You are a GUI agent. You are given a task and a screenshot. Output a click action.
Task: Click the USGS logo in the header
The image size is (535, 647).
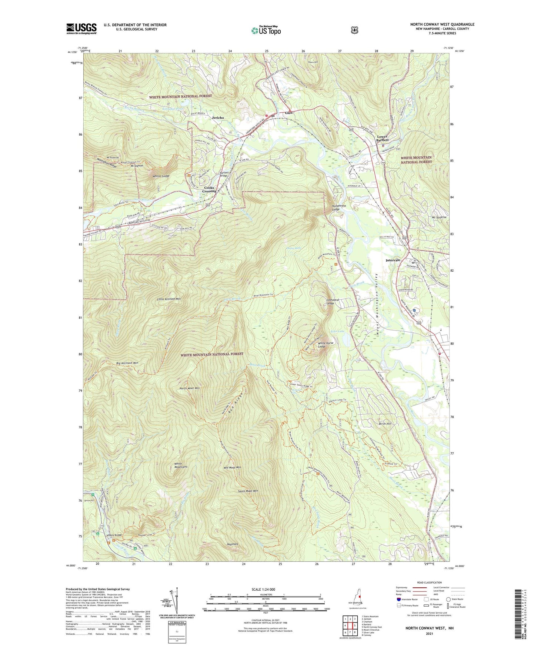coord(81,29)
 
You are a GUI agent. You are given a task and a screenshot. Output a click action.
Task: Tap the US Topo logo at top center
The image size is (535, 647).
coord(266,30)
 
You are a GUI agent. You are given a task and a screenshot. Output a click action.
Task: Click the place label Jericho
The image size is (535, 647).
coord(218,117)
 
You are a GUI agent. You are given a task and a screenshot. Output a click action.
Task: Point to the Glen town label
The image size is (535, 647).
coord(289,113)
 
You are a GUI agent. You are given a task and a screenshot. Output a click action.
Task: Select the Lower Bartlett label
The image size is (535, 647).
coord(382,138)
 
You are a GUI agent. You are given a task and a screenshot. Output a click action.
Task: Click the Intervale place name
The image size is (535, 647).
coord(393,260)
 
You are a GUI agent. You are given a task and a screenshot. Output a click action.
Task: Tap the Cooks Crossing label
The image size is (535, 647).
coord(209,189)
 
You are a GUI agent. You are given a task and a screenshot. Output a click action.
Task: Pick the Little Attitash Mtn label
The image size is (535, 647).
coord(169,299)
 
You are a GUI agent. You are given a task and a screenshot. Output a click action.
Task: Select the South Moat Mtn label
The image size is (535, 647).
coord(248,491)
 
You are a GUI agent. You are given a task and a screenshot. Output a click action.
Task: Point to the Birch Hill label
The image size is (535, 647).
coord(385,424)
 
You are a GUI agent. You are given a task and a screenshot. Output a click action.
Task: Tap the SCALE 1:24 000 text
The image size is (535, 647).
coord(263,589)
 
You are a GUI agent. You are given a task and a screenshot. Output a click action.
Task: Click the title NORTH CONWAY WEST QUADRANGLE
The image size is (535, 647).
coord(442,24)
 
